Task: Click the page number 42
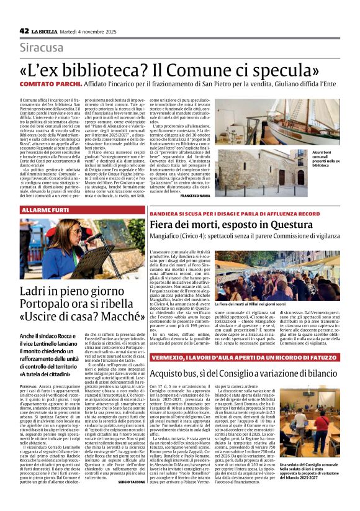tap(24, 30)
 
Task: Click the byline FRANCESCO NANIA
tap(195, 196)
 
